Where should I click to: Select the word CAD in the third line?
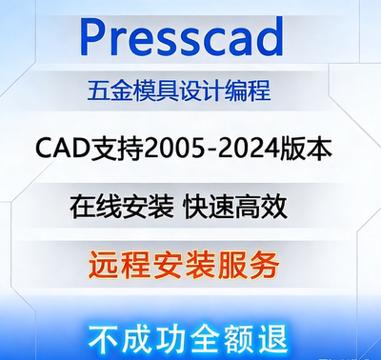(60, 149)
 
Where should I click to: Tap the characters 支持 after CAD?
(114, 149)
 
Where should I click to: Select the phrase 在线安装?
(119, 204)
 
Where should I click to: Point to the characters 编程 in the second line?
(255, 92)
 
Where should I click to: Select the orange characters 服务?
(263, 259)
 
